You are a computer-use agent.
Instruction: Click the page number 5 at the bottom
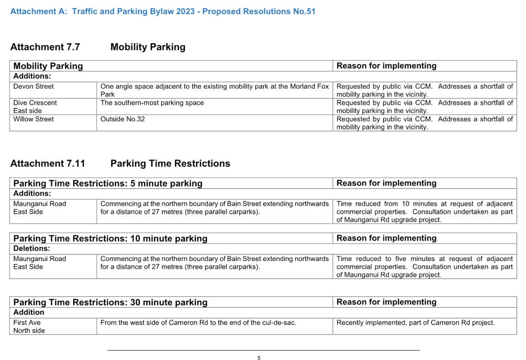259,358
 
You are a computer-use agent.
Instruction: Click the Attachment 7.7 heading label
45,47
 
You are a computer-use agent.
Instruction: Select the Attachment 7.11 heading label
48,163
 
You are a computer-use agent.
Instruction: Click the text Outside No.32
123,119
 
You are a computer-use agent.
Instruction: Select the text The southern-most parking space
152,103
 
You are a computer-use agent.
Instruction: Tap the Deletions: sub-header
32,249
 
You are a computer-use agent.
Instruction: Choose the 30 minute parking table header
110,302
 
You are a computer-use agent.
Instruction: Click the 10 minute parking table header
110,239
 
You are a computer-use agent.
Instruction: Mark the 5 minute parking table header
108,183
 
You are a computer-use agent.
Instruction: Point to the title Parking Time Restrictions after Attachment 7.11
171,163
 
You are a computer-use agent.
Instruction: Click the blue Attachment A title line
163,11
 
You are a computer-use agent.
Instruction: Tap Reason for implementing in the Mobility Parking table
386,66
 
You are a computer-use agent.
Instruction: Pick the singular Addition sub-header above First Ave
29,312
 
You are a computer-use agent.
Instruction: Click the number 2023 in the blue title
184,11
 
